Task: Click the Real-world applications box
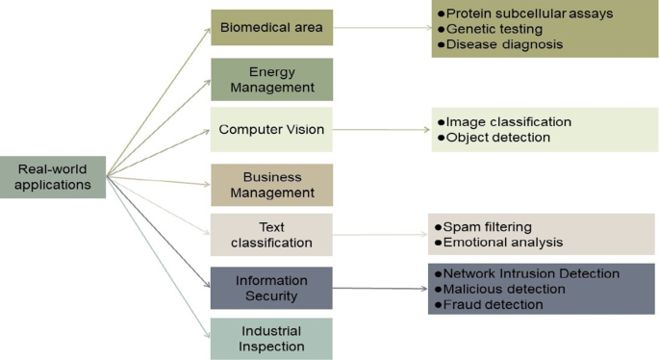pyautogui.click(x=53, y=176)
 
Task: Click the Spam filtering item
pyautogui.click(x=491, y=227)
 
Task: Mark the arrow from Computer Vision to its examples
pyautogui.click(x=380, y=129)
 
